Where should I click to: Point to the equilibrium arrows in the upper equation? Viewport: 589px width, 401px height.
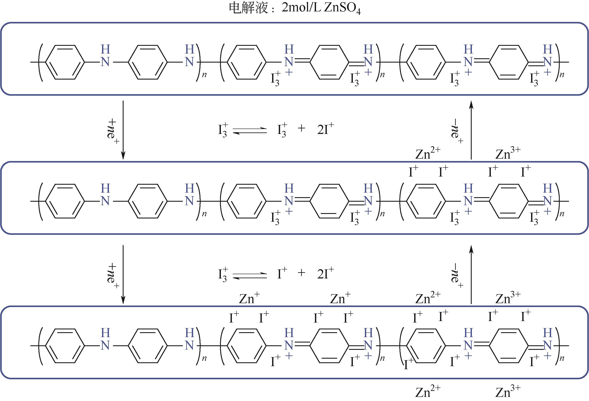pyautogui.click(x=250, y=131)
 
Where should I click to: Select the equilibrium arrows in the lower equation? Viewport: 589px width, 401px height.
pyautogui.click(x=250, y=275)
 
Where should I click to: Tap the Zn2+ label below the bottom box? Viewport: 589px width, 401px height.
pyautogui.click(x=428, y=391)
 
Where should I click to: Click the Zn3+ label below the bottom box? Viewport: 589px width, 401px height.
pyautogui.click(x=508, y=391)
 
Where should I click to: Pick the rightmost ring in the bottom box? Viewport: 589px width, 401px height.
pyautogui.click(x=508, y=346)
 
